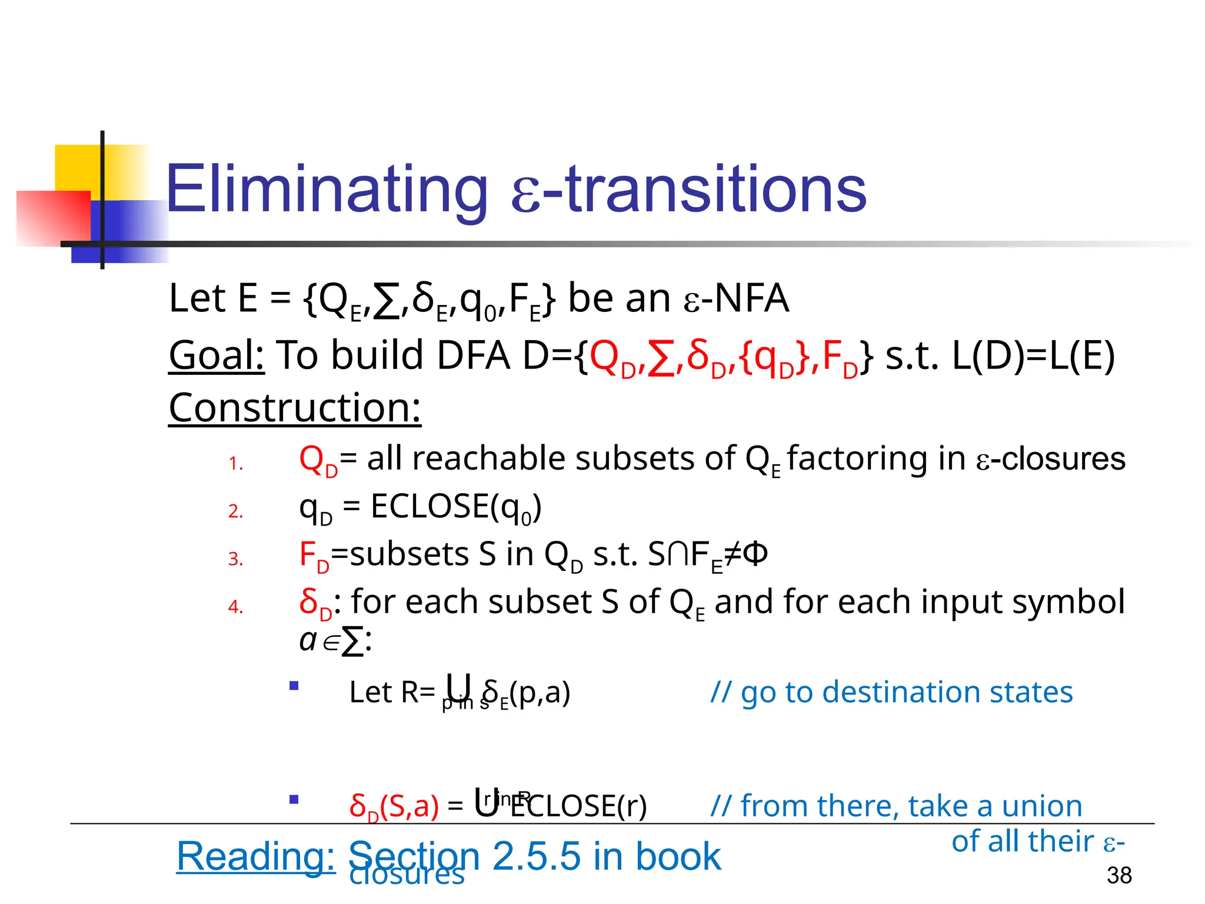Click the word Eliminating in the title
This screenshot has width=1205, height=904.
click(x=327, y=190)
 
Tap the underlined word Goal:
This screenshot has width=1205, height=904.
click(x=217, y=355)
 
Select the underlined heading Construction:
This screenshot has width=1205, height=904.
click(x=295, y=407)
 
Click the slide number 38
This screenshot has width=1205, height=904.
click(x=1119, y=875)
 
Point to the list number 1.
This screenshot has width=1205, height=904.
click(x=235, y=464)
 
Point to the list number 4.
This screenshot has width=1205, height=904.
click(x=235, y=607)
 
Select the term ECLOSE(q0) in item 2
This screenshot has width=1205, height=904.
click(x=456, y=507)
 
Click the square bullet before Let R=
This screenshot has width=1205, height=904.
click(x=294, y=686)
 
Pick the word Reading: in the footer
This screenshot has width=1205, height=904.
click(x=256, y=856)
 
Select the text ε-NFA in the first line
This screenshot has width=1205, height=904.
click(x=735, y=298)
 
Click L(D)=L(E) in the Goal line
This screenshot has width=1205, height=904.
click(x=1033, y=355)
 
